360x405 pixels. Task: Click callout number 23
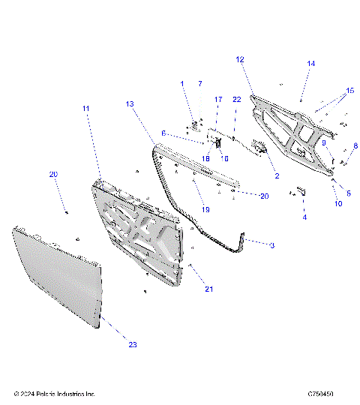tap(133, 344)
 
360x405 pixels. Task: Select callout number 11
tap(86, 109)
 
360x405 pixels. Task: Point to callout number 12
tap(240, 59)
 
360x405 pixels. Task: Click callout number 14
tap(310, 64)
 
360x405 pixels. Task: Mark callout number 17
tap(218, 100)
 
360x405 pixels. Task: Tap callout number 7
tap(200, 82)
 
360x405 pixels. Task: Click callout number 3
tap(272, 244)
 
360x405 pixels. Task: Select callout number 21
tap(209, 289)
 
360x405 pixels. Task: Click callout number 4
tap(304, 217)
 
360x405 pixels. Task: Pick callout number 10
tap(337, 203)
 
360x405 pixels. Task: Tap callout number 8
tap(355, 146)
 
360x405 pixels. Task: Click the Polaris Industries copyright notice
tap(55, 394)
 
